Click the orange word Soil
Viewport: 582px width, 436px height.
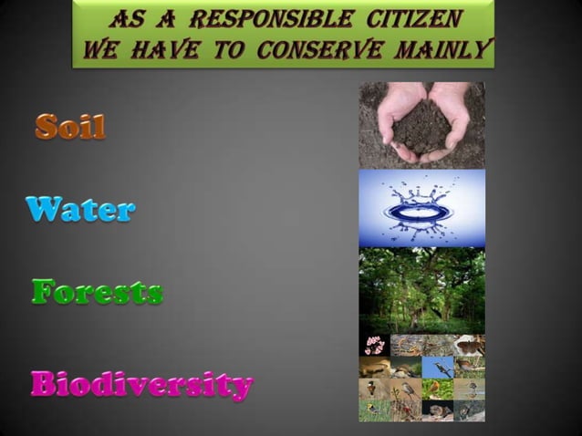click(x=70, y=127)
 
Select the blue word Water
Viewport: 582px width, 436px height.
click(x=80, y=210)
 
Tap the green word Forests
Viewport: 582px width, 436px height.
click(x=97, y=293)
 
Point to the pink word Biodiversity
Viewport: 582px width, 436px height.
click(x=140, y=384)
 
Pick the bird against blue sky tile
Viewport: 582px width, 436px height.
click(x=438, y=368)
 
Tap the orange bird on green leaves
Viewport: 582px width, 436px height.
click(x=438, y=389)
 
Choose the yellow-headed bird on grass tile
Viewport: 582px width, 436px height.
click(x=374, y=410)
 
